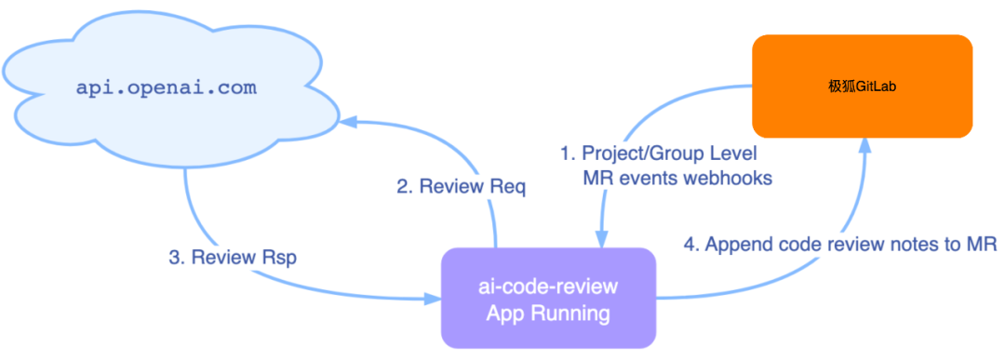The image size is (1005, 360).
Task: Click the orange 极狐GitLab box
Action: (x=862, y=86)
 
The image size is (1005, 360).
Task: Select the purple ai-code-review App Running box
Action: (x=548, y=299)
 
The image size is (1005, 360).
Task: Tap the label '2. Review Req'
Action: (x=461, y=187)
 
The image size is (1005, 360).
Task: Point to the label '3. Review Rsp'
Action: (x=233, y=258)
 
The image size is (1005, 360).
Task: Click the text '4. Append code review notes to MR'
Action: (x=840, y=245)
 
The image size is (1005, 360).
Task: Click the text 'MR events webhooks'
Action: (x=677, y=178)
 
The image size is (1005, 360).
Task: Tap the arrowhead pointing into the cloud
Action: (x=347, y=120)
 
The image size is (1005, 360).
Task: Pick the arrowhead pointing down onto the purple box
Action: (x=601, y=240)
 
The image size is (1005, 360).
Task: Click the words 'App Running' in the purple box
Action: (x=548, y=313)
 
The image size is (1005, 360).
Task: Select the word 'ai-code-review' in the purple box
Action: (x=548, y=286)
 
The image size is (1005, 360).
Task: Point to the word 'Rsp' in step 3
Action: (x=278, y=258)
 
